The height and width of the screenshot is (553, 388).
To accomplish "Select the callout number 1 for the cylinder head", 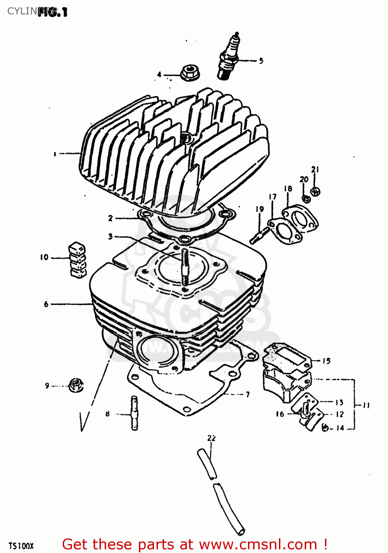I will [55, 154].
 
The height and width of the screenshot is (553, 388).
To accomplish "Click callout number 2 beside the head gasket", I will [110, 218].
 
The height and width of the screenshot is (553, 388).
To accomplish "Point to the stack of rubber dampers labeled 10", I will [77, 260].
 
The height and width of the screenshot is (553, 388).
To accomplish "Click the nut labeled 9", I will [76, 385].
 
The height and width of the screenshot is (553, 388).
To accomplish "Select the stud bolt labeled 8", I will [134, 413].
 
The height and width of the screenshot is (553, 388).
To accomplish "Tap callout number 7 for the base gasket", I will [248, 394].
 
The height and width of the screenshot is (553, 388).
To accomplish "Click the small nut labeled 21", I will [315, 191].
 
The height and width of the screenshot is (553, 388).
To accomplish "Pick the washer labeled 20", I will [305, 199].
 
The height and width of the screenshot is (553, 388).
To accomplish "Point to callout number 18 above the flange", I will [288, 188].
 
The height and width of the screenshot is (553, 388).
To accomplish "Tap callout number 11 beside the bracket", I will [366, 406].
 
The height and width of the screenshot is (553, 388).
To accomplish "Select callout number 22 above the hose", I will [211, 438].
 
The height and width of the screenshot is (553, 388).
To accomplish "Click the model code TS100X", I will [21, 546].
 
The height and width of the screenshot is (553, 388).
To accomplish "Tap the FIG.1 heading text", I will [52, 12].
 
